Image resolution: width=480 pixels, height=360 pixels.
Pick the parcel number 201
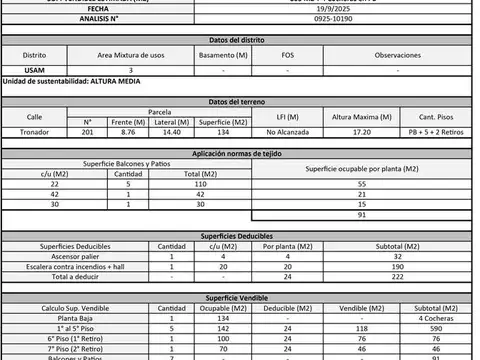88,131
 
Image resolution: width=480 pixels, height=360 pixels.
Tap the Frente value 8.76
126,131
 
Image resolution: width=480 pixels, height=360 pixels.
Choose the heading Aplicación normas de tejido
240,152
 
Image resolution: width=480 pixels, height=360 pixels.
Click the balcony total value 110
199,185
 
